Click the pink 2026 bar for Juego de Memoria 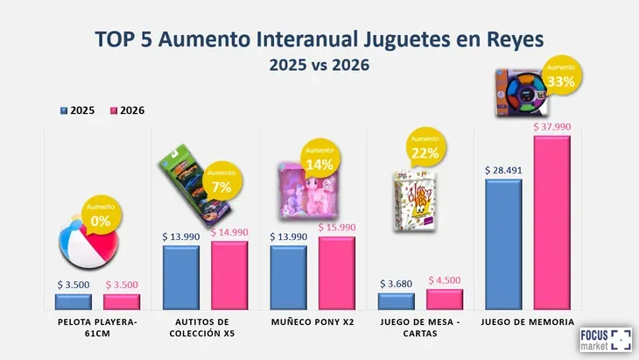[551, 223]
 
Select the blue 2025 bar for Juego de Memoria [503, 245]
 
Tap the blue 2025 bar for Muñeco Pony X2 [288, 278]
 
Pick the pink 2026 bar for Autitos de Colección [229, 275]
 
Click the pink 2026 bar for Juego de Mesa [445, 300]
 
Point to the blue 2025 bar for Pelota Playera [73, 302]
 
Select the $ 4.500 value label [445, 280]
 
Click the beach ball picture [86, 251]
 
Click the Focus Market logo [605, 341]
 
